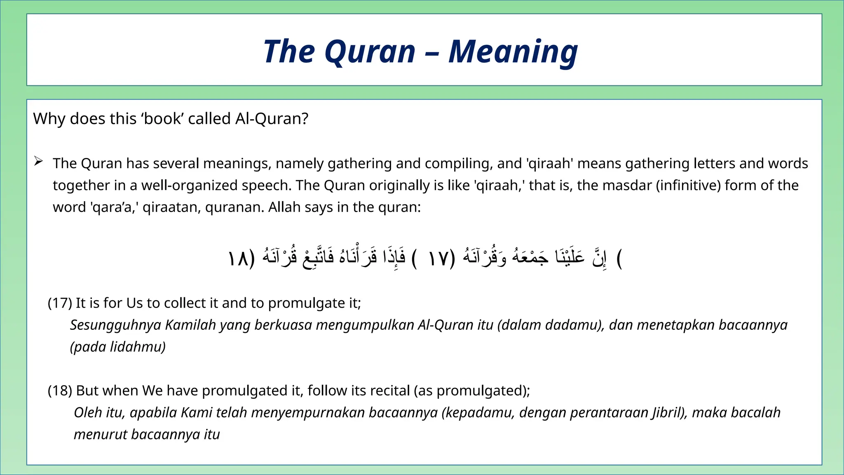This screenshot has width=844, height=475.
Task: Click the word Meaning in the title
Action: tap(513, 52)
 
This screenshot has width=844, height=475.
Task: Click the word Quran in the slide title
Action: tap(370, 52)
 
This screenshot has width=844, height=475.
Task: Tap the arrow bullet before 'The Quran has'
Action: tap(38, 161)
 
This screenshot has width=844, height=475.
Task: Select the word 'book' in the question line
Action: tap(162, 119)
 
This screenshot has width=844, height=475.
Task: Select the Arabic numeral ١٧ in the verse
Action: tap(438, 259)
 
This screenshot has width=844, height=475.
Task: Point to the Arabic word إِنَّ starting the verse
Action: tap(599, 258)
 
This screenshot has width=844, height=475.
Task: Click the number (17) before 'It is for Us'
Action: tap(60, 303)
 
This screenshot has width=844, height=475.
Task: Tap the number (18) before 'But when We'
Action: tap(60, 390)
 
